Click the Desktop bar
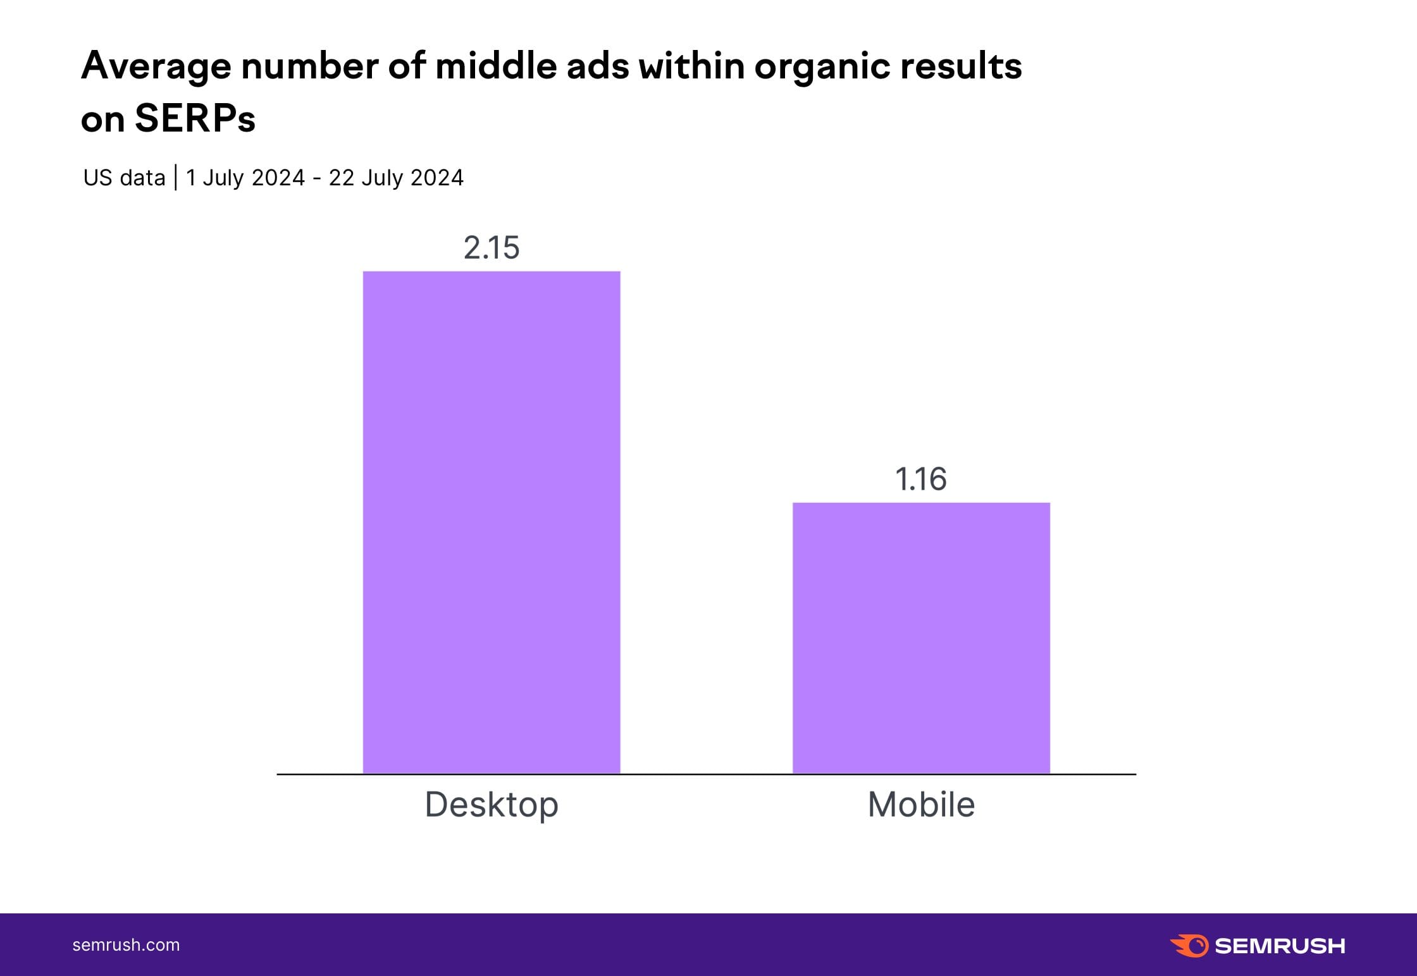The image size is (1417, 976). click(x=492, y=522)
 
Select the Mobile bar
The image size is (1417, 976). click(x=921, y=638)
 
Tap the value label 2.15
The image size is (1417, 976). click(x=492, y=247)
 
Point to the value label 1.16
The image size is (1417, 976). click(x=921, y=479)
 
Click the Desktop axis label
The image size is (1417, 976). click(x=492, y=805)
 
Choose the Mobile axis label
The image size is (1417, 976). click(x=921, y=805)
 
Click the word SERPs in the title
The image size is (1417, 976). click(x=195, y=118)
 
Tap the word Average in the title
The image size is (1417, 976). click(x=156, y=66)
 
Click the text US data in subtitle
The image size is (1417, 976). click(x=124, y=178)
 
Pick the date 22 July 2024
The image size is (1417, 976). click(x=396, y=178)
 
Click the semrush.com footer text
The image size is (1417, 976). click(x=126, y=945)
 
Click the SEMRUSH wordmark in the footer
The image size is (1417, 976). click(x=1280, y=946)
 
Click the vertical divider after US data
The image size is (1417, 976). click(x=175, y=178)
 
